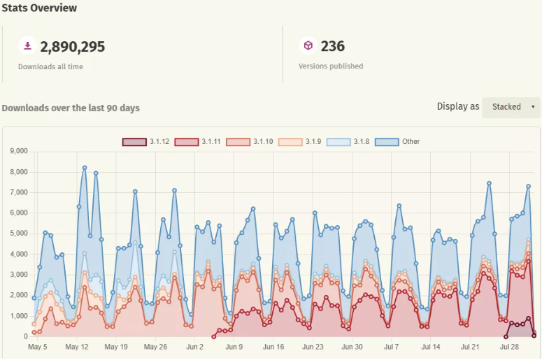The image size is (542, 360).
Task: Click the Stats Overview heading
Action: [x=39, y=8]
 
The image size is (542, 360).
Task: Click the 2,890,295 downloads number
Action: [x=73, y=47]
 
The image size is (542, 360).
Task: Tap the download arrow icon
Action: [x=27, y=46]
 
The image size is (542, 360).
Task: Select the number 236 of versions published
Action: [x=332, y=47]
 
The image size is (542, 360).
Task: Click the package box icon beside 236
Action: [x=308, y=46]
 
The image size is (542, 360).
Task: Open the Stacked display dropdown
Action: [x=511, y=107]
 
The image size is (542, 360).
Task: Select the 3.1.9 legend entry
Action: [x=301, y=142]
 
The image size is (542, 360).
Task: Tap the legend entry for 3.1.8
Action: [x=350, y=142]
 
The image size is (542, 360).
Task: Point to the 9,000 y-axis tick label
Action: [x=17, y=151]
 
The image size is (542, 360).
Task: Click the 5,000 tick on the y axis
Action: [x=17, y=233]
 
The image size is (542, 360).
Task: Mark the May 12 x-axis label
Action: [x=76, y=347]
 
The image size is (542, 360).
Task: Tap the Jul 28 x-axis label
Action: [x=509, y=347]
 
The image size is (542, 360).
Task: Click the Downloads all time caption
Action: [x=50, y=66]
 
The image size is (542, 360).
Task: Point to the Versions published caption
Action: [x=331, y=66]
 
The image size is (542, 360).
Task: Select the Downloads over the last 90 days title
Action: [x=71, y=108]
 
